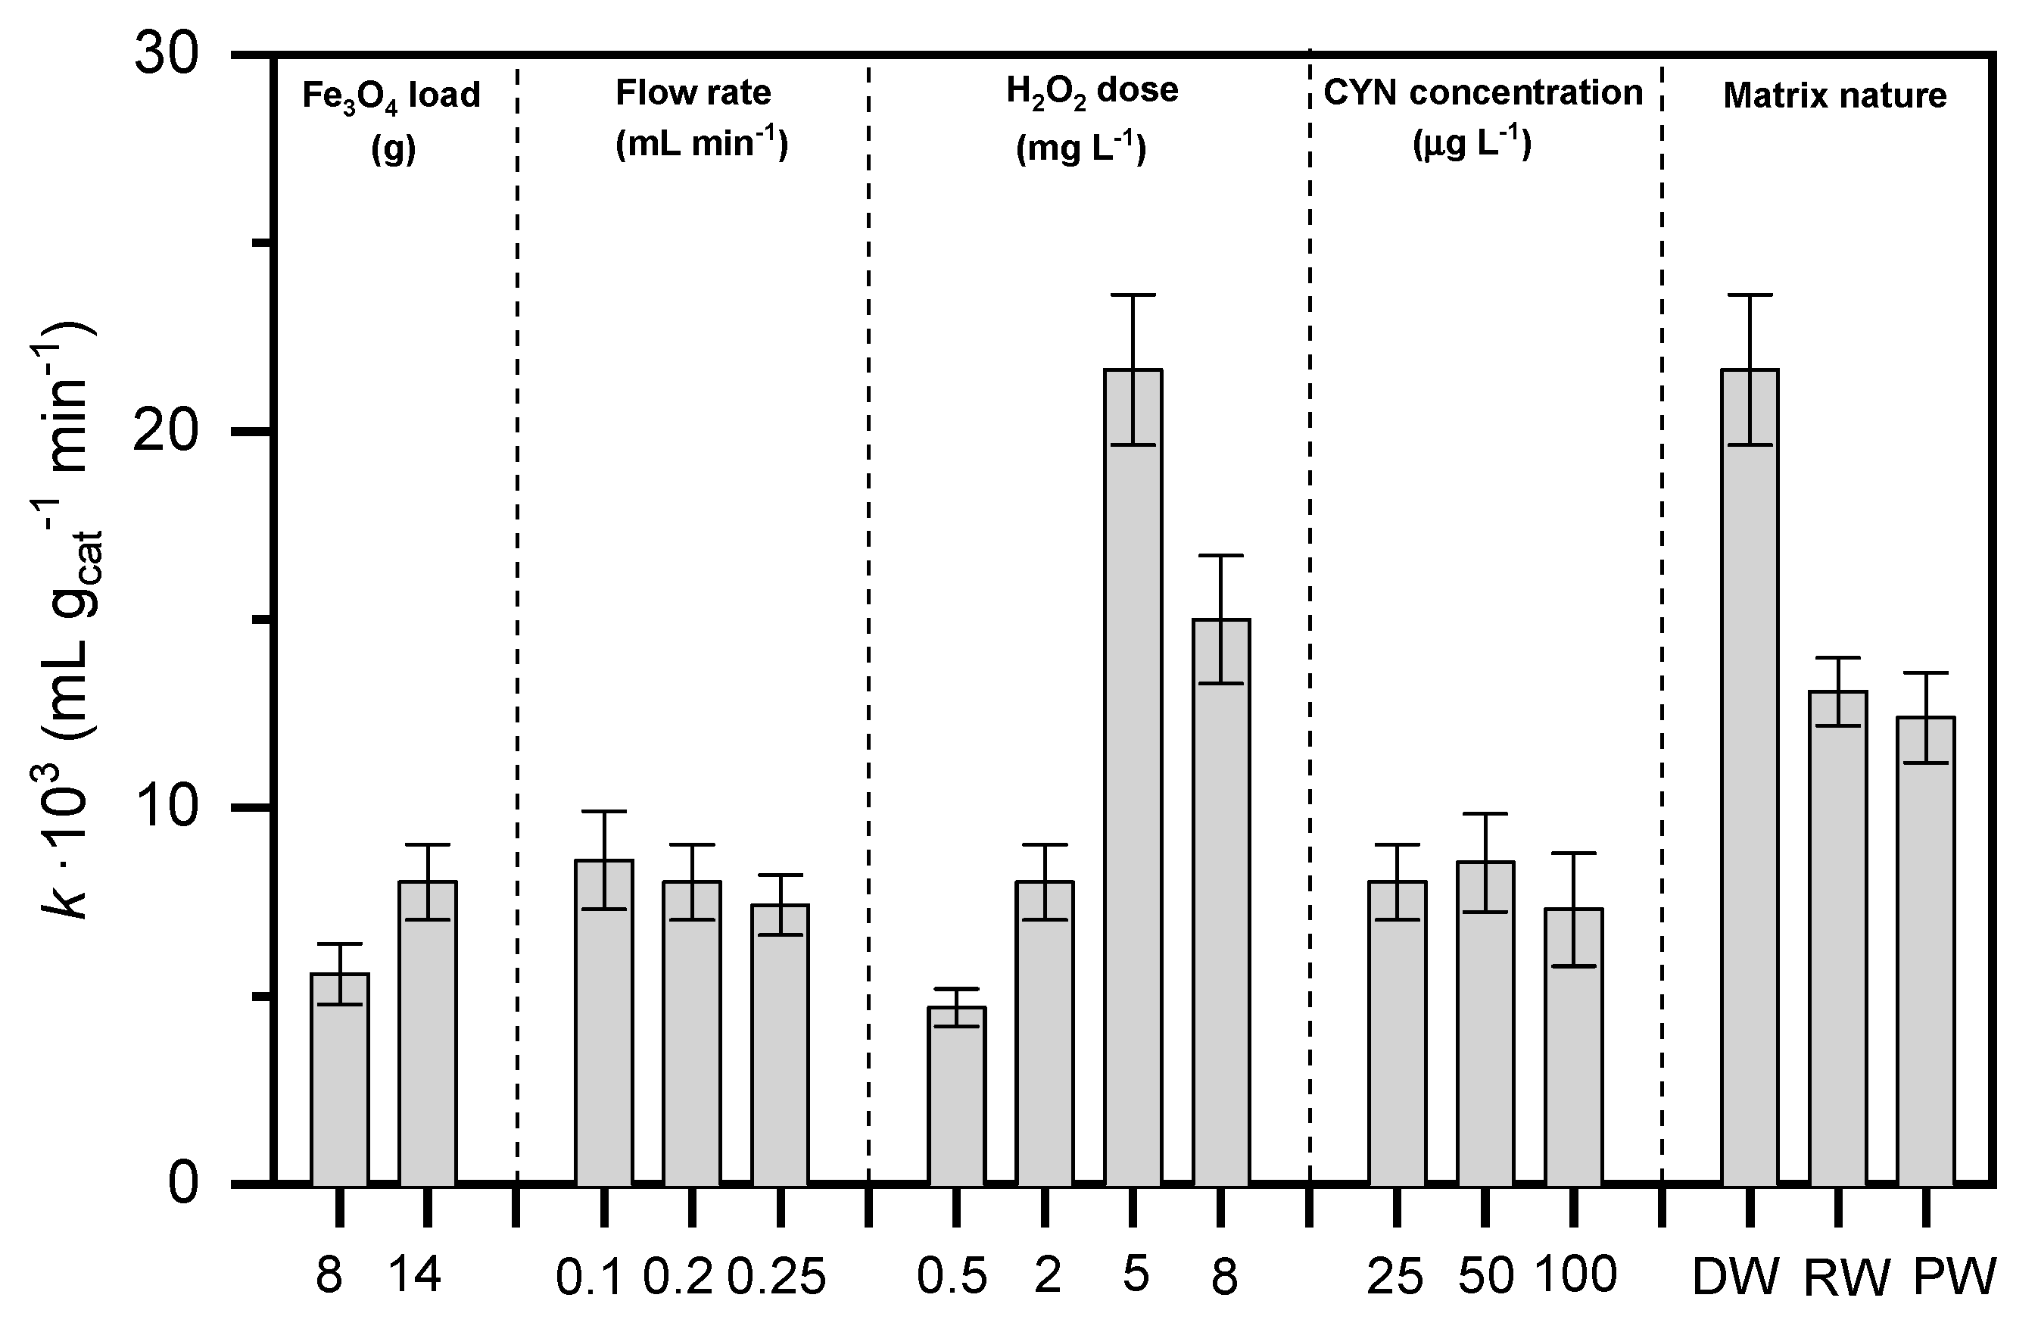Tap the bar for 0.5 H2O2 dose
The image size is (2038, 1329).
click(x=958, y=1096)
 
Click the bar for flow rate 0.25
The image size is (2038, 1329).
click(x=780, y=1045)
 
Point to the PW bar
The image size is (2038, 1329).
click(x=1926, y=950)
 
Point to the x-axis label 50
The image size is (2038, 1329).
click(x=1485, y=1276)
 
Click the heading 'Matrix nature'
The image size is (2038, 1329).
click(x=1834, y=96)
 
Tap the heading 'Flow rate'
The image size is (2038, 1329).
click(x=693, y=92)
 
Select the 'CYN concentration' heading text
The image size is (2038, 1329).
click(x=1483, y=92)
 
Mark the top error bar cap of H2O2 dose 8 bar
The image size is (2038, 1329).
click(x=1221, y=556)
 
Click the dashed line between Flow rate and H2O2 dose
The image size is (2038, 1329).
click(x=868, y=600)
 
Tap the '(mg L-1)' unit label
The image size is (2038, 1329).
click(x=1080, y=147)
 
